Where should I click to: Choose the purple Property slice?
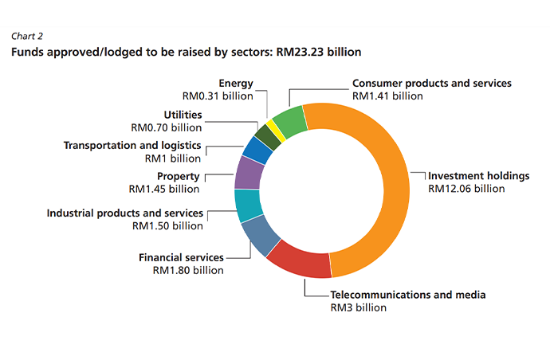[x=249, y=172]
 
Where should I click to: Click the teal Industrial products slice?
[x=250, y=205]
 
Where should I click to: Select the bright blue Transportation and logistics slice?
[x=255, y=150]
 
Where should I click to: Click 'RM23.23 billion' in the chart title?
[x=318, y=52]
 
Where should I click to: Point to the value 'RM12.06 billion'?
[x=466, y=189]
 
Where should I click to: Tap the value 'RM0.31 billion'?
[x=218, y=96]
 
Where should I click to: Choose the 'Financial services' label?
[x=181, y=258]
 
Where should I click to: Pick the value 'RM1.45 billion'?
[x=163, y=189]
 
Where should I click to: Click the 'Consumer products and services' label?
[x=431, y=84]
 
